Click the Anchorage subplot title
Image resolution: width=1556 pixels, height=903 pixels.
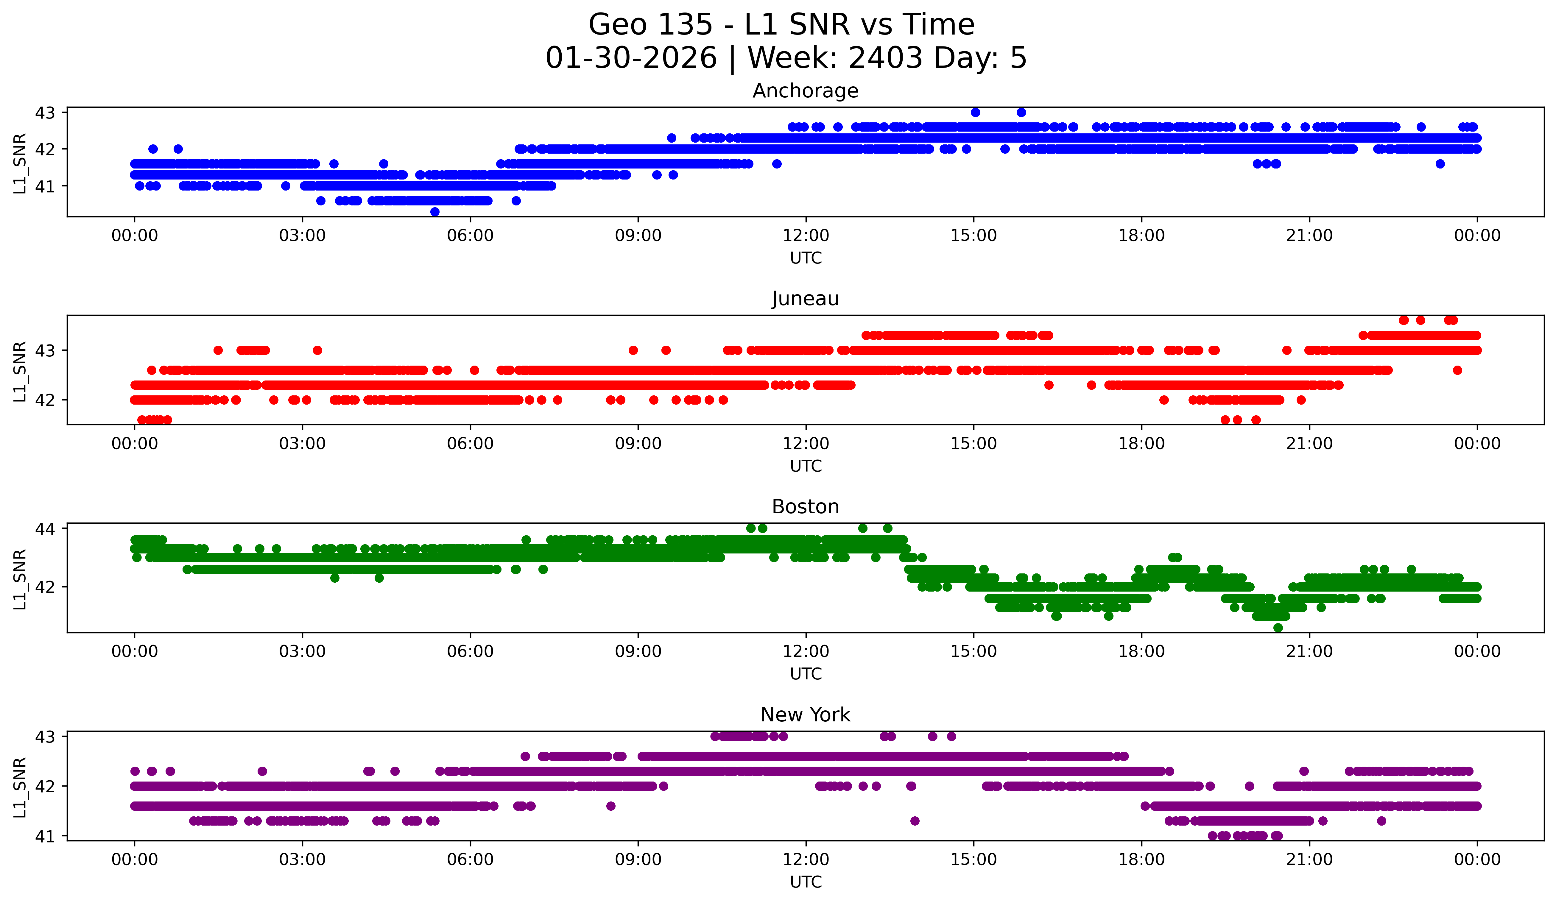805,91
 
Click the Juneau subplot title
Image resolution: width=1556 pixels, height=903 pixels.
805,299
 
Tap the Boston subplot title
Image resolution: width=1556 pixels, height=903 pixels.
805,507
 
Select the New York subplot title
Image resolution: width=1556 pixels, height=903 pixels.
805,715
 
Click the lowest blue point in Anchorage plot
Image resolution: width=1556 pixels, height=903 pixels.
435,212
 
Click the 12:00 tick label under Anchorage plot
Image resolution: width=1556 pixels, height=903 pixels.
806,235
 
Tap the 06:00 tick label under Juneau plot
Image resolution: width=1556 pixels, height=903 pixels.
470,443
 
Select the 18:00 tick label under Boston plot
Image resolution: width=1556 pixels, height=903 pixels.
1141,651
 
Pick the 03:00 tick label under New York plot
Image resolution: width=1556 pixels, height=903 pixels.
302,859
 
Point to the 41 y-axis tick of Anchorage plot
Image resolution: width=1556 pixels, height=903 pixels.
45,186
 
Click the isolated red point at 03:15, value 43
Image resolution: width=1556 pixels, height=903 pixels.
317,350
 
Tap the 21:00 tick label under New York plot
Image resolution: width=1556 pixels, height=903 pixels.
1309,859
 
